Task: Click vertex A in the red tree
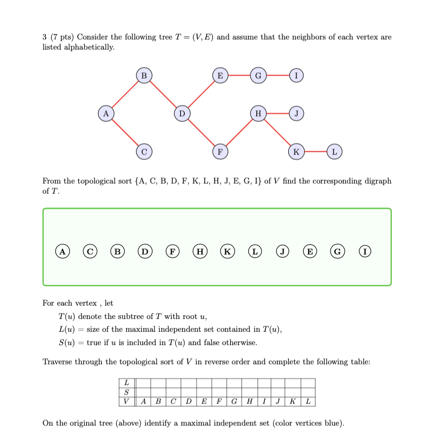point(106,113)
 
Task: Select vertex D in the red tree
point(182,113)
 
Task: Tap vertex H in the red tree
point(258,113)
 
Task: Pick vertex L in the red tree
point(334,152)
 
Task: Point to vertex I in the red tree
point(296,76)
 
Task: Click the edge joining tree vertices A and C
point(125,133)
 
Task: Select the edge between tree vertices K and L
point(315,152)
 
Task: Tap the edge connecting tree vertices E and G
point(239,76)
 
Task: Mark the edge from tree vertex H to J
point(277,113)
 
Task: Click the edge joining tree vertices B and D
point(163,95)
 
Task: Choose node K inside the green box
point(228,251)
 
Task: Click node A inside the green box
point(63,251)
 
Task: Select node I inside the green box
point(365,251)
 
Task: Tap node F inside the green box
point(172,251)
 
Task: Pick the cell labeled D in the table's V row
point(188,401)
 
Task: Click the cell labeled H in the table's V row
point(249,401)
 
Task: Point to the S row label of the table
point(126,392)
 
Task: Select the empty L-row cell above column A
point(143,383)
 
